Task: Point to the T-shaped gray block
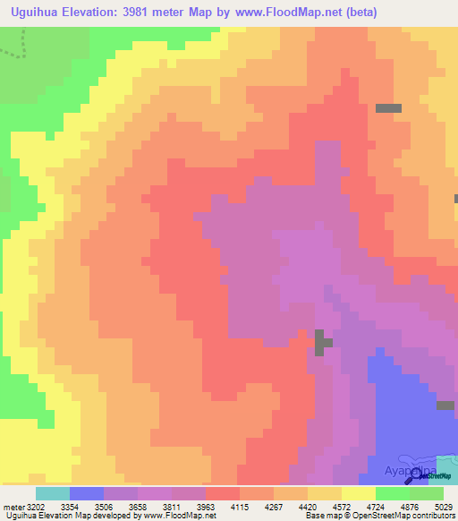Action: tap(321, 342)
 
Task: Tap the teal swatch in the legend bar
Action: tap(52, 493)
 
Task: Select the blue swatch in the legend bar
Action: tap(86, 493)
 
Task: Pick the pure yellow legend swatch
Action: tap(358, 493)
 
